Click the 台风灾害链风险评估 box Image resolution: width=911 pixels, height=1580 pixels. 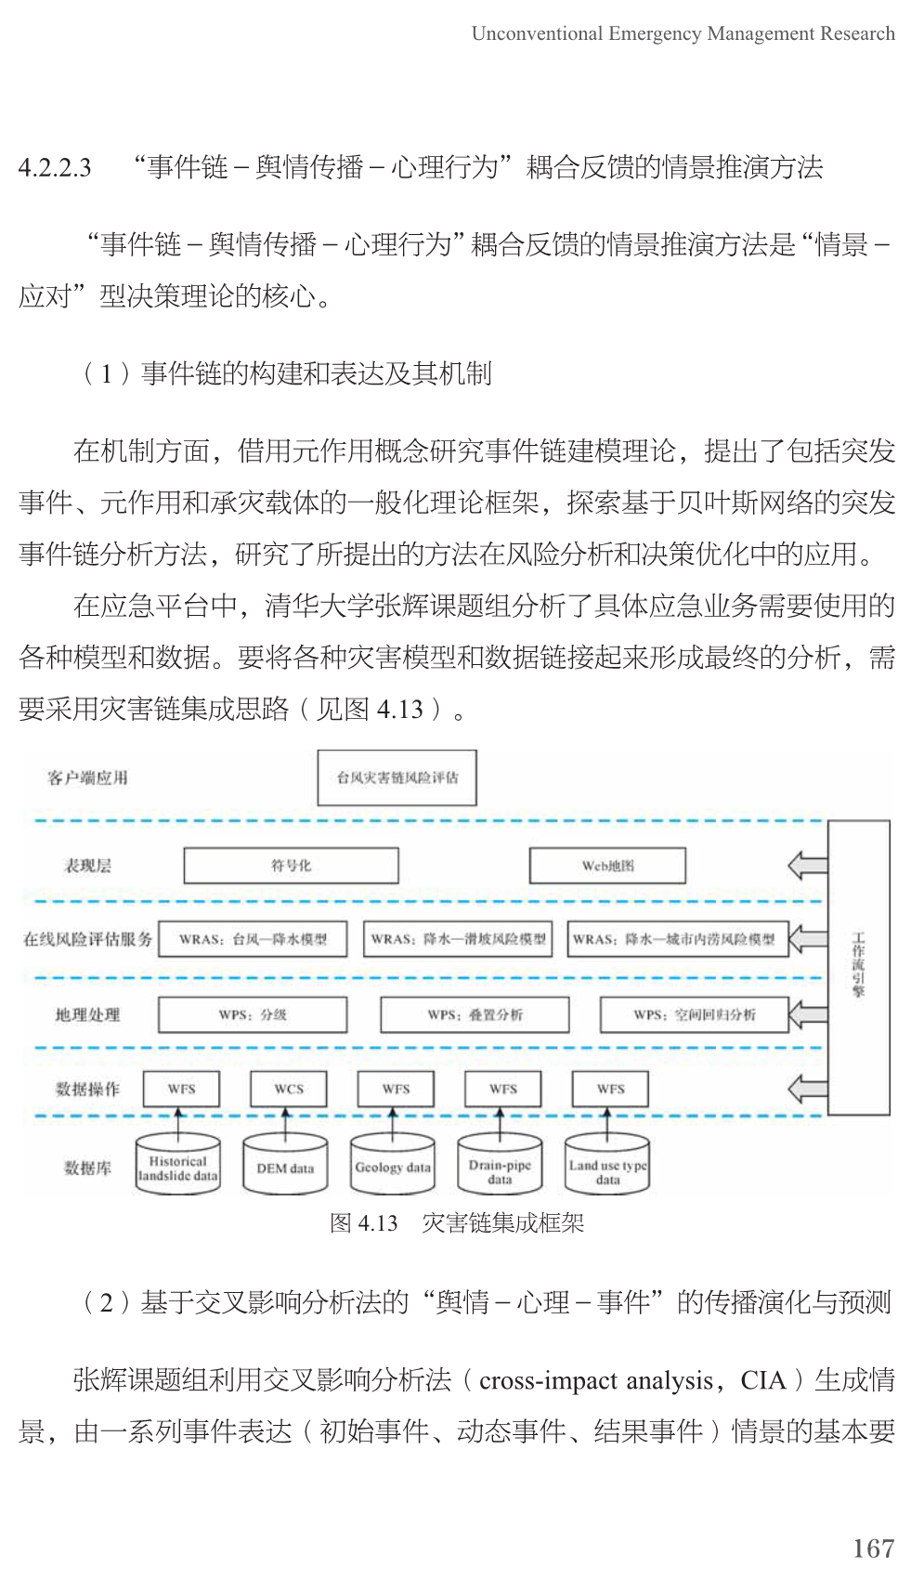tap(397, 777)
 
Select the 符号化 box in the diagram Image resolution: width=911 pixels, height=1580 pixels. tap(291, 866)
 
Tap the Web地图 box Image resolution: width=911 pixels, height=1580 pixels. tap(607, 866)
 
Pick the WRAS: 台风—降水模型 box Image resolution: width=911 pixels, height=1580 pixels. tap(253, 939)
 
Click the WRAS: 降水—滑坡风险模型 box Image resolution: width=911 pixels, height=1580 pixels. tap(458, 939)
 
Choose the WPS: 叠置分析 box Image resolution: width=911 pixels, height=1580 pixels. tap(475, 1014)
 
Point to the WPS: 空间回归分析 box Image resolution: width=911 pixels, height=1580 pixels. tap(695, 1014)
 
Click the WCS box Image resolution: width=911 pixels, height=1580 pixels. tap(289, 1089)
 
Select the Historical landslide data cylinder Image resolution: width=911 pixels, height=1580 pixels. tap(178, 1167)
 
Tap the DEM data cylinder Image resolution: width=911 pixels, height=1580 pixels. tap(285, 1168)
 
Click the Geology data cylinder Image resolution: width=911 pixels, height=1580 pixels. tap(393, 1168)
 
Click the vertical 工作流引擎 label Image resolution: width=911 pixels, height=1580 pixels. tap(858, 966)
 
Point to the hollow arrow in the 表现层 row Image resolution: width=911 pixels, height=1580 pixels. tap(807, 866)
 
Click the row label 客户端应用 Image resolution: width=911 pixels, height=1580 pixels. tap(87, 777)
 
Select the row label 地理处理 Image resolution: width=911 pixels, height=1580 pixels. tap(87, 1014)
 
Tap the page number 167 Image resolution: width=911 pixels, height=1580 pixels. tap(872, 1547)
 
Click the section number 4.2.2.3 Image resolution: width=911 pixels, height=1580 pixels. tap(55, 168)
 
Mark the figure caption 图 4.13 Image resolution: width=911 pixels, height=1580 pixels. tap(363, 1222)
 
